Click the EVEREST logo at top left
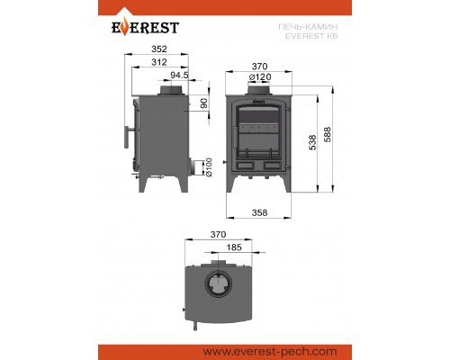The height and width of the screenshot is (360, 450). tap(146, 26)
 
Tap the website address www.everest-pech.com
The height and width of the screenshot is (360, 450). tap(270, 352)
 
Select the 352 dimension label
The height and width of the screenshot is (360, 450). tap(159, 49)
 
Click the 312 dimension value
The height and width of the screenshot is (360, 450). tap(159, 62)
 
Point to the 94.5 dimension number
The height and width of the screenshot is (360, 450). tap(179, 75)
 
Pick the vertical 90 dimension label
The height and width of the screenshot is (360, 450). tap(204, 103)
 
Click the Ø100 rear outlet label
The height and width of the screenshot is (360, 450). tap(209, 167)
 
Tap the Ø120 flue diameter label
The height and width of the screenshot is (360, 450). tap(260, 76)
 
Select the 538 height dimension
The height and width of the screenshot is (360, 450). tap(312, 142)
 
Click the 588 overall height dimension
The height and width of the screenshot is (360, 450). tap(328, 134)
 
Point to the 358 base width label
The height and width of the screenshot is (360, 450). tap(259, 212)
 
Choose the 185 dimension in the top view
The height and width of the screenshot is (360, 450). tap(234, 247)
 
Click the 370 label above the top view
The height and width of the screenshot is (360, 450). tap(218, 234)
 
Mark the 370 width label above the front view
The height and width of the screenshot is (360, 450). tap(259, 67)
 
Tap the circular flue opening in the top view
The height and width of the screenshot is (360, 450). tap(219, 283)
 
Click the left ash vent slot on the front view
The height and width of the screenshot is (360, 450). tap(246, 165)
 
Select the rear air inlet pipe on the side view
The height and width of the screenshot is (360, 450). tap(195, 167)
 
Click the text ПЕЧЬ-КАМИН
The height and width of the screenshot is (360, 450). tap(308, 27)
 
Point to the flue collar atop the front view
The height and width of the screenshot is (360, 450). tap(260, 90)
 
